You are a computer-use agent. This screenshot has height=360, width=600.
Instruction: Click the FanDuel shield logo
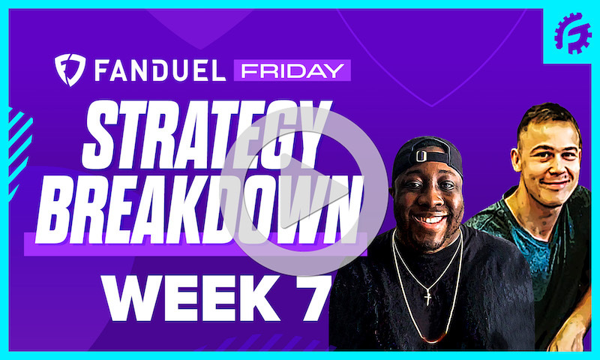click(x=69, y=70)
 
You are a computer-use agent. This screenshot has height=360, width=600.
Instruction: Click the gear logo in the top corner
click(x=572, y=32)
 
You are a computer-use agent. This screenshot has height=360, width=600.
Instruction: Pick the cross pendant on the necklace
click(x=427, y=297)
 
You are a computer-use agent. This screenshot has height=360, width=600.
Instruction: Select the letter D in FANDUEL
click(x=166, y=71)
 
